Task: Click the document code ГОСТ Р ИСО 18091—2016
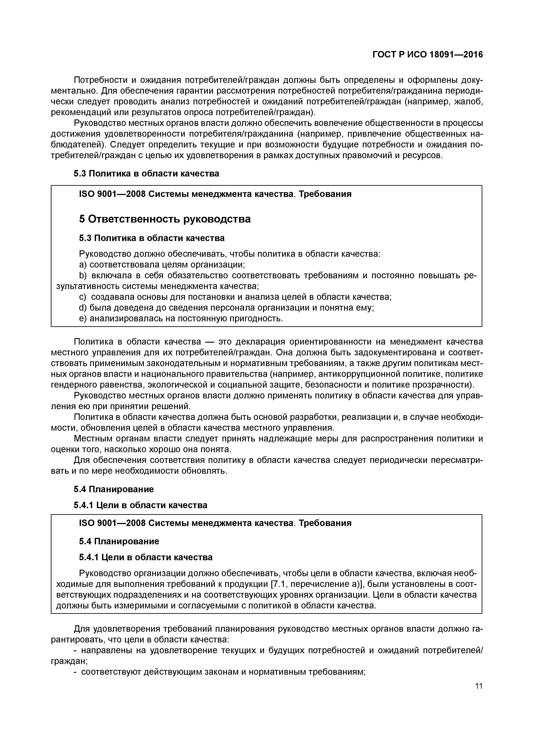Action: coord(427,55)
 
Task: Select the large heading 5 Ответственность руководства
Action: coord(165,219)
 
